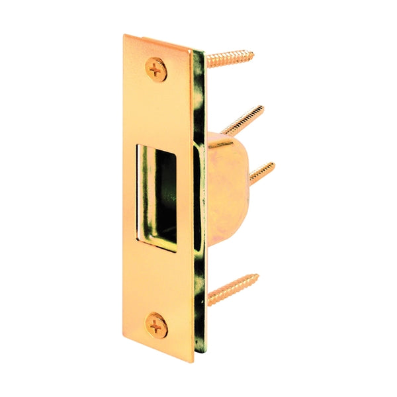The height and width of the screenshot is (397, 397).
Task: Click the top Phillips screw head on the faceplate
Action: coord(157,68)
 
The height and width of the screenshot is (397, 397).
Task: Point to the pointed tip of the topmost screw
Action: coord(252,50)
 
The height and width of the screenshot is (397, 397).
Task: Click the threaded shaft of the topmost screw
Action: coord(228,59)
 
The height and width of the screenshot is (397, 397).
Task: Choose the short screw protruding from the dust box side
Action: coord(261,171)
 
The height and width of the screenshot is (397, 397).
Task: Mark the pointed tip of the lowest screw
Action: coord(259,276)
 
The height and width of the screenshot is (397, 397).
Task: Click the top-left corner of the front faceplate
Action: coord(124,36)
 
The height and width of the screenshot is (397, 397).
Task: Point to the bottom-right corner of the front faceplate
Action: coord(197,359)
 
